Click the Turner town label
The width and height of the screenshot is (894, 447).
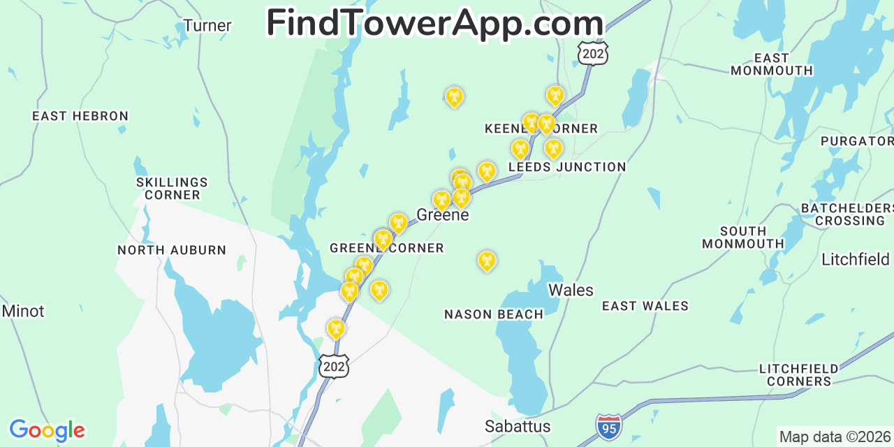coord(207,26)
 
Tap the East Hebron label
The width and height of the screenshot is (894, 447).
coord(80,116)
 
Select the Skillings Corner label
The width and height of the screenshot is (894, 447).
coord(173,189)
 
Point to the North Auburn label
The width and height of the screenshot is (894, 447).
coord(172,250)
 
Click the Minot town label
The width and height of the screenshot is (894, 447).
coord(23,311)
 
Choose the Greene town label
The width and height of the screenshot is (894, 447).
coord(443,214)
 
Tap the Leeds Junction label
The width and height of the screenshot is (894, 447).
coord(567,167)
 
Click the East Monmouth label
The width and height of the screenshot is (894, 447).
coord(772,64)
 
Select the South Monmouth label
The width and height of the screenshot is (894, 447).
coord(743,237)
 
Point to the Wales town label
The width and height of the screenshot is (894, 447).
coord(571,290)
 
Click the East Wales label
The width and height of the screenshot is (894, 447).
coord(645,306)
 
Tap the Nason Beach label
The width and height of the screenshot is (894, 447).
coord(494,314)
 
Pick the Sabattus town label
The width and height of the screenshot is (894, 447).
coord(518,426)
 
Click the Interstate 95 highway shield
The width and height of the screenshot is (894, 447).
coord(609,426)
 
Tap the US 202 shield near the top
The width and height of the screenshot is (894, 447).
coord(593,53)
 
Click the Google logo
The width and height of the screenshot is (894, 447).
coord(47,430)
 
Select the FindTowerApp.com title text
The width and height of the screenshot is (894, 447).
coord(434,23)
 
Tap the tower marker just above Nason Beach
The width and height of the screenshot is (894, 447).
coord(487,261)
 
